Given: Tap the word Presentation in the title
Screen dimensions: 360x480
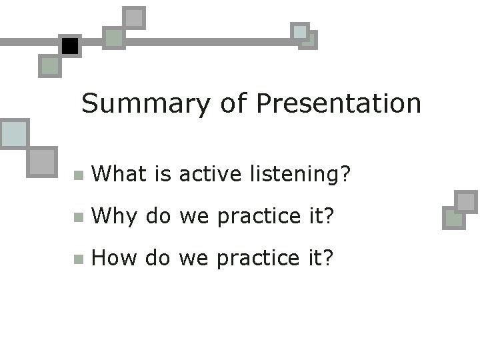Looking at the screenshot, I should [339, 104].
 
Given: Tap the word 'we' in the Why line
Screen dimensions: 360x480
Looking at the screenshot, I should [194, 216].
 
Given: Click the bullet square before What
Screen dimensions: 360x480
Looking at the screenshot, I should [79, 176].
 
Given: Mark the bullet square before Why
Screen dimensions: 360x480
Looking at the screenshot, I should [79, 217].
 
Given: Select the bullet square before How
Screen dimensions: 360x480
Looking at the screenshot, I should [79, 259].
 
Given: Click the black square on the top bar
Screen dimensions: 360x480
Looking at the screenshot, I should [69, 46].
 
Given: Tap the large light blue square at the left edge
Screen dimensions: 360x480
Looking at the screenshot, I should [13, 134].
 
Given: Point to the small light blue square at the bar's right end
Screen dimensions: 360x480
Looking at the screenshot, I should [300, 31].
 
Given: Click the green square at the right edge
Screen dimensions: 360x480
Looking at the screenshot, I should [453, 218].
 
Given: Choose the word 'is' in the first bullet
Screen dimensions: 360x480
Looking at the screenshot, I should [163, 174].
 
